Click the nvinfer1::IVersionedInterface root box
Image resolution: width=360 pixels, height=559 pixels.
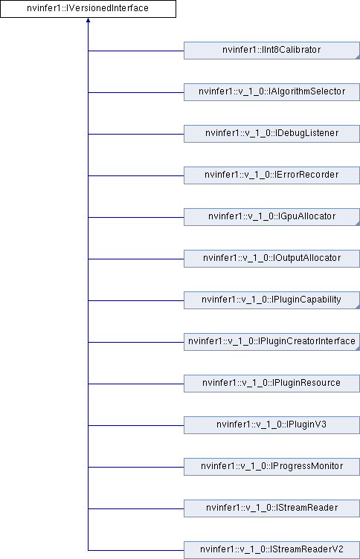click(88, 9)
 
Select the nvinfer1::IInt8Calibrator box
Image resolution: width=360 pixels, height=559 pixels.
click(271, 51)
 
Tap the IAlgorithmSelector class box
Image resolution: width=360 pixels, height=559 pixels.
click(271, 92)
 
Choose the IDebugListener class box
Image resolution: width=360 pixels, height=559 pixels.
click(271, 134)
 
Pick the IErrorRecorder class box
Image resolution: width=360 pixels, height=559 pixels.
click(271, 175)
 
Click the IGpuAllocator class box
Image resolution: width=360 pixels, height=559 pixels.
click(271, 217)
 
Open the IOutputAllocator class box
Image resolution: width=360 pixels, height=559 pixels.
click(271, 259)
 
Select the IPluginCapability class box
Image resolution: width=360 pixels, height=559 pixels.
click(271, 300)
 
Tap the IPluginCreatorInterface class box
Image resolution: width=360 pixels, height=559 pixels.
click(271, 342)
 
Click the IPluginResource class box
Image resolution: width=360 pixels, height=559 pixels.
click(271, 384)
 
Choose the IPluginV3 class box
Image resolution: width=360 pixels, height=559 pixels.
click(271, 425)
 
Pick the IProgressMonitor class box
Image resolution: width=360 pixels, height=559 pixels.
click(271, 467)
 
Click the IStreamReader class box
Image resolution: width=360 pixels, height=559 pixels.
click(271, 508)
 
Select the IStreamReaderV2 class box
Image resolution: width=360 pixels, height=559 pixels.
click(271, 550)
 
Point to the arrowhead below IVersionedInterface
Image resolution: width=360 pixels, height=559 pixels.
click(88, 20)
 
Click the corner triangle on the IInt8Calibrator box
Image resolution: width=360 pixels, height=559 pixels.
click(358, 57)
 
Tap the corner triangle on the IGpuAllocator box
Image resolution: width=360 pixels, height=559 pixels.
click(358, 224)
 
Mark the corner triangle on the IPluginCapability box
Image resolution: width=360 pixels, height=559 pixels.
click(358, 307)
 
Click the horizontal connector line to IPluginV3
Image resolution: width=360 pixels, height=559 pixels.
click(136, 425)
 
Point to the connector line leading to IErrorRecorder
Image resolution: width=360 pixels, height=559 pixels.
click(136, 175)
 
